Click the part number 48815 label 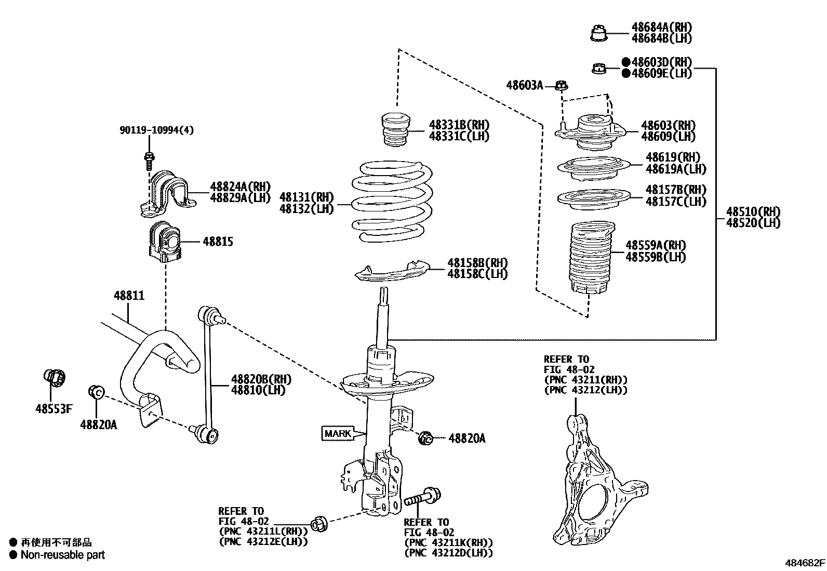click(218, 242)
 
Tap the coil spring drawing click(393, 203)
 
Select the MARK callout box click(337, 433)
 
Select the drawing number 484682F click(805, 563)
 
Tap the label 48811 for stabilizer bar click(129, 296)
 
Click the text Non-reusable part click(62, 555)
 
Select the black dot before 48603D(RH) click(626, 62)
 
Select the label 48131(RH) click(306, 197)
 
